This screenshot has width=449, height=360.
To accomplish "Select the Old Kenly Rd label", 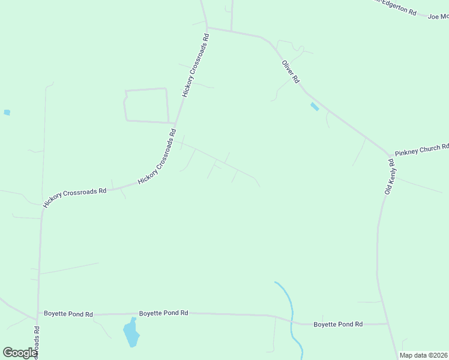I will (x=389, y=176).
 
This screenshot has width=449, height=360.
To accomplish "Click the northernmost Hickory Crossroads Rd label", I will (x=196, y=65).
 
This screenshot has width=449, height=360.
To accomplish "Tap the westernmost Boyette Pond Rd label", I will (x=68, y=314).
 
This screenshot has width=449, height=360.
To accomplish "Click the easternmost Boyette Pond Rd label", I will (x=338, y=324).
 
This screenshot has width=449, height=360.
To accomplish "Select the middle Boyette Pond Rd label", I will (x=164, y=313).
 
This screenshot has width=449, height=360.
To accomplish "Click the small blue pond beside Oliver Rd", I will (x=315, y=107).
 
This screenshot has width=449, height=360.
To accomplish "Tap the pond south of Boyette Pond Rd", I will (x=130, y=333).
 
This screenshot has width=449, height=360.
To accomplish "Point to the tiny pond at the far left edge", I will (x=7, y=112).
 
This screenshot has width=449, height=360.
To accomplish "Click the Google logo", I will (x=19, y=353).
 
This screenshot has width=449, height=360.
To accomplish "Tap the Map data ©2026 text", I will (x=423, y=355).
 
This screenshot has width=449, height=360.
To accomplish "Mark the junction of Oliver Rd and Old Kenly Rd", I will (x=390, y=154).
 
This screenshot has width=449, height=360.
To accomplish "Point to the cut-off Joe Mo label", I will (x=438, y=17).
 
